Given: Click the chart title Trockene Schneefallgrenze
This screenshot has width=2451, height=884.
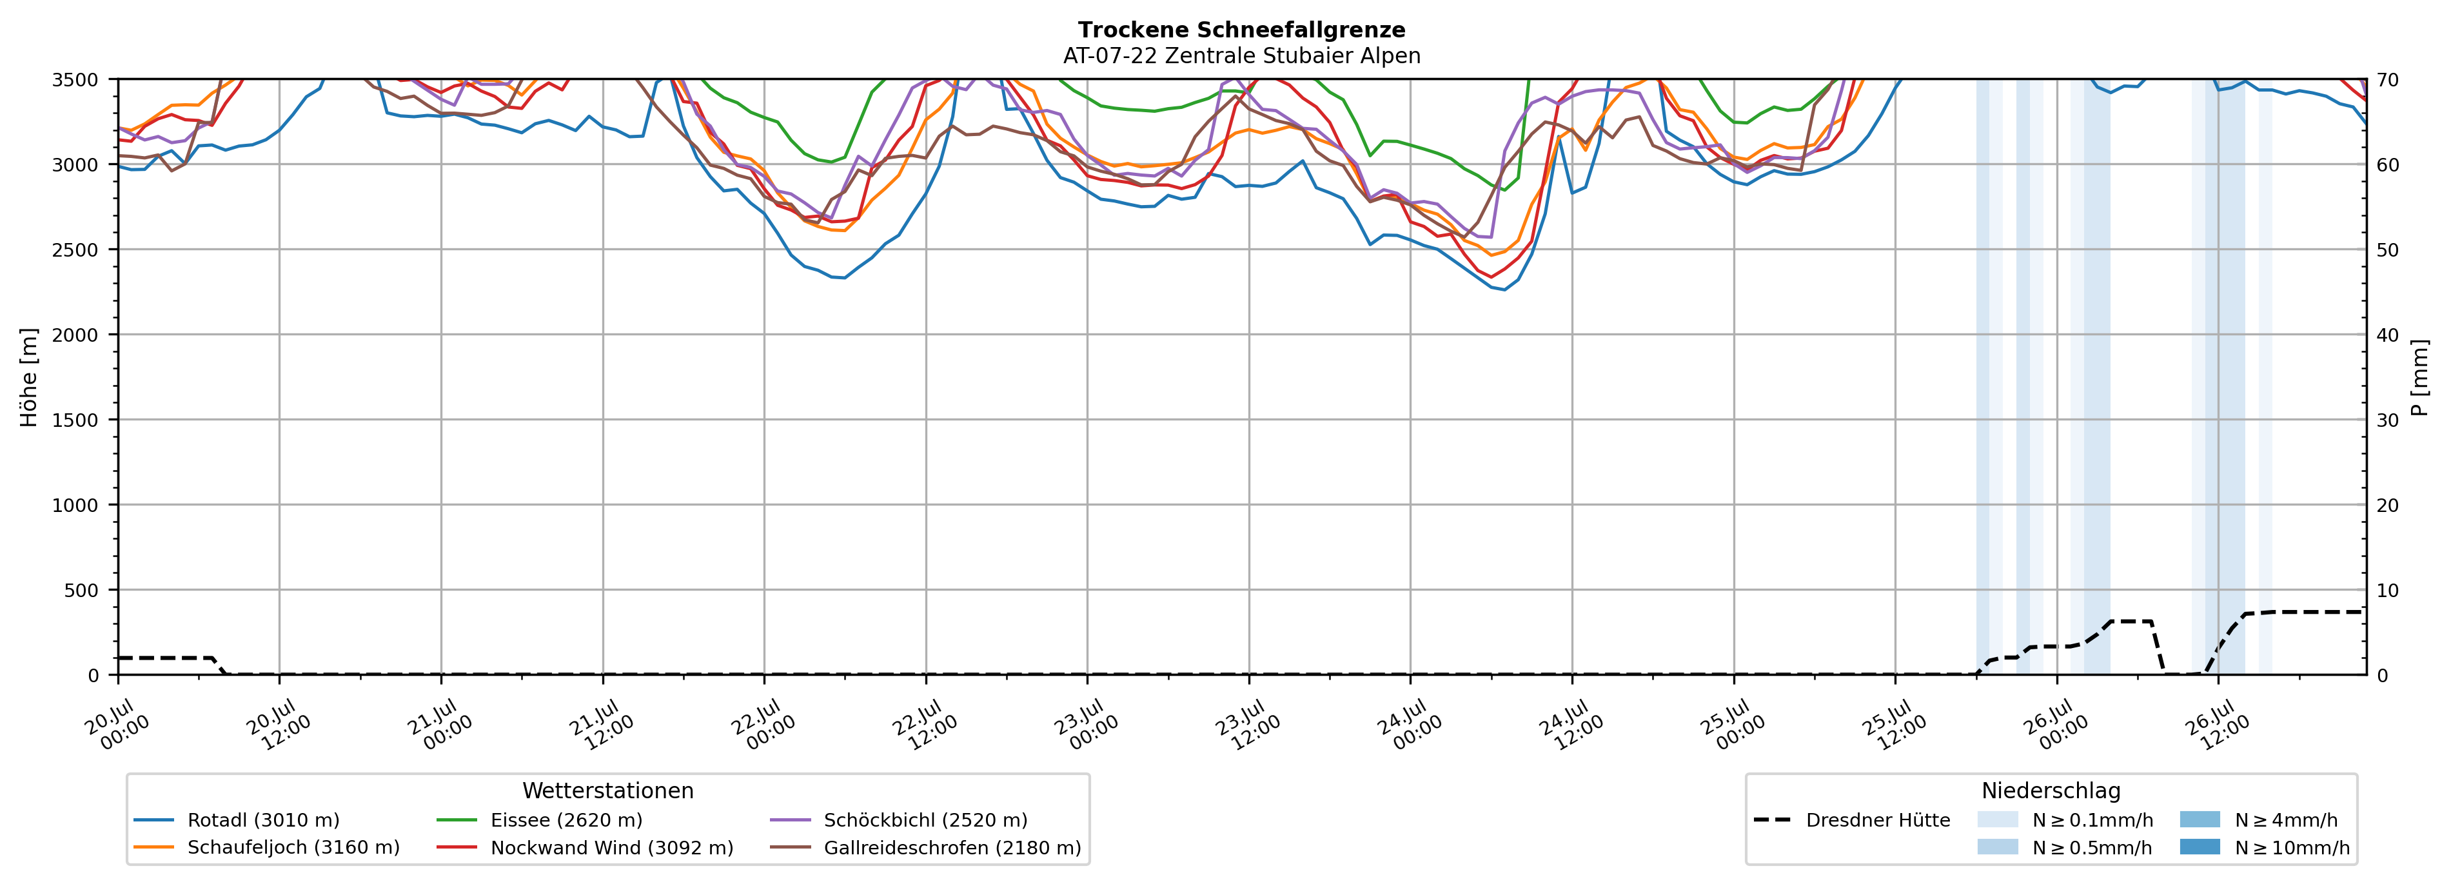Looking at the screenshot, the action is point(1242,30).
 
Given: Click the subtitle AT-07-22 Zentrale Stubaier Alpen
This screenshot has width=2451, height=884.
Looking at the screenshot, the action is point(1242,56).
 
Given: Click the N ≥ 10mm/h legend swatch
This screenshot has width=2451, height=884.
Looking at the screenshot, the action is point(2200,847).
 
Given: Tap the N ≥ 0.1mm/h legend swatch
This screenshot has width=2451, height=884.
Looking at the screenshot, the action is point(1997,820).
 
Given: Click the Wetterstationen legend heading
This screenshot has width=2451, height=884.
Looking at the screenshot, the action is point(608,791).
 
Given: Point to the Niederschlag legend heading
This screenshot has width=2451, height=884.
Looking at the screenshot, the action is point(2051,791).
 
